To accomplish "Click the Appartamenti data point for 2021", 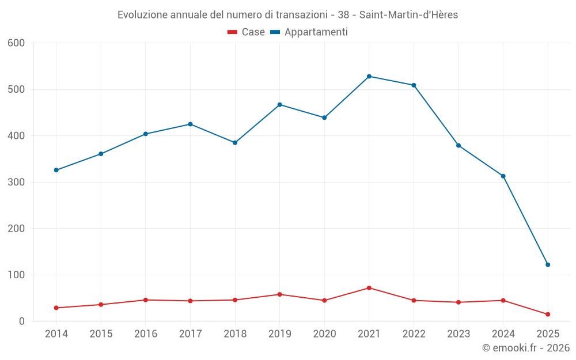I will click(369, 76).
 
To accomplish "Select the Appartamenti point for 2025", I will click(548, 264).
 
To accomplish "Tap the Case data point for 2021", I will click(369, 288).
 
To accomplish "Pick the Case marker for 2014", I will click(56, 308).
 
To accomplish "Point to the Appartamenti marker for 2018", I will click(235, 142).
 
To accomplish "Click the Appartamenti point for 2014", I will click(56, 170).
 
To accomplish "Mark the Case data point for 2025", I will click(548, 314).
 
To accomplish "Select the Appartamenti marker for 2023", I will click(458, 145).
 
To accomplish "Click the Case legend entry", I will click(247, 32).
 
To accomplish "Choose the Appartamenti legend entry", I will click(309, 32).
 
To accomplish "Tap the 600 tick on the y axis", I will click(17, 43).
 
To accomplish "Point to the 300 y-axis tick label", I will click(17, 182).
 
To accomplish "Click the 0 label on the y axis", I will click(22, 321).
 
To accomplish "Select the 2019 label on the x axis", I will click(280, 334).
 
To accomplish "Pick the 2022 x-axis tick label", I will click(414, 334).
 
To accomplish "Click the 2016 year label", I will click(146, 334).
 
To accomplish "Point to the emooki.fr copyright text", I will click(526, 348).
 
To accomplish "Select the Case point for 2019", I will click(280, 294).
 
